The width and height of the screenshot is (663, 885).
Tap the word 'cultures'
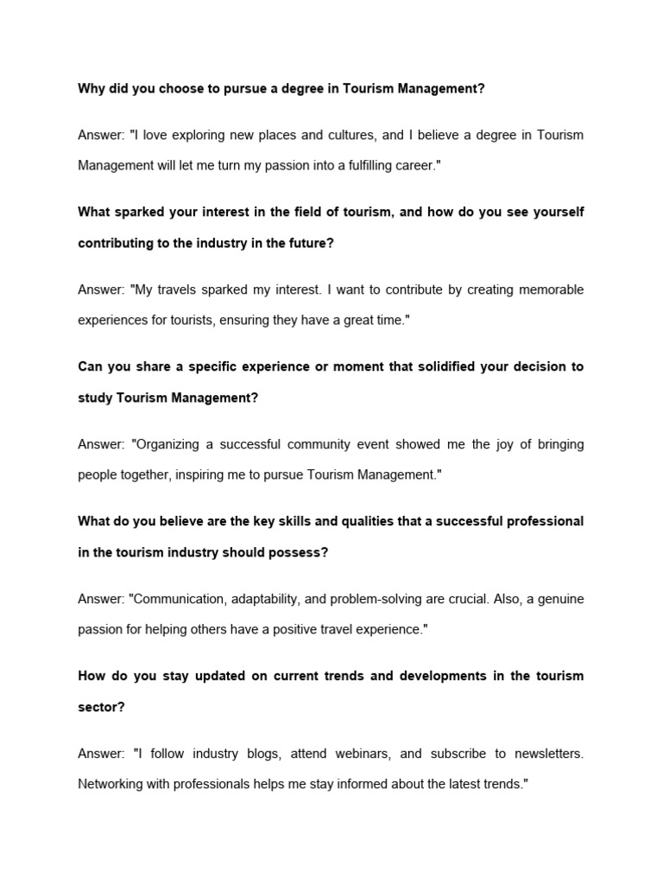pos(349,135)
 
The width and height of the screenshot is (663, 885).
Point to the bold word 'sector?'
pos(102,706)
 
